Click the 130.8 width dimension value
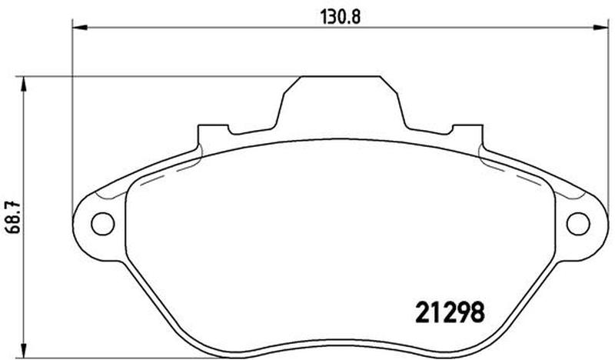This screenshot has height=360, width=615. tap(340, 17)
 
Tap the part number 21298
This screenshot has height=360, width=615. tap(450, 312)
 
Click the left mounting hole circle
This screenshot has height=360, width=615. tap(102, 224)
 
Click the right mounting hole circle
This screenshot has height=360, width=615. tap(578, 224)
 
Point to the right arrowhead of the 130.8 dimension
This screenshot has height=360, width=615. tap(601, 28)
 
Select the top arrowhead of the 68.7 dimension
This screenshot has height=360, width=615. tap(24, 84)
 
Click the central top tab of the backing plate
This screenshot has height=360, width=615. tap(340, 103)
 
